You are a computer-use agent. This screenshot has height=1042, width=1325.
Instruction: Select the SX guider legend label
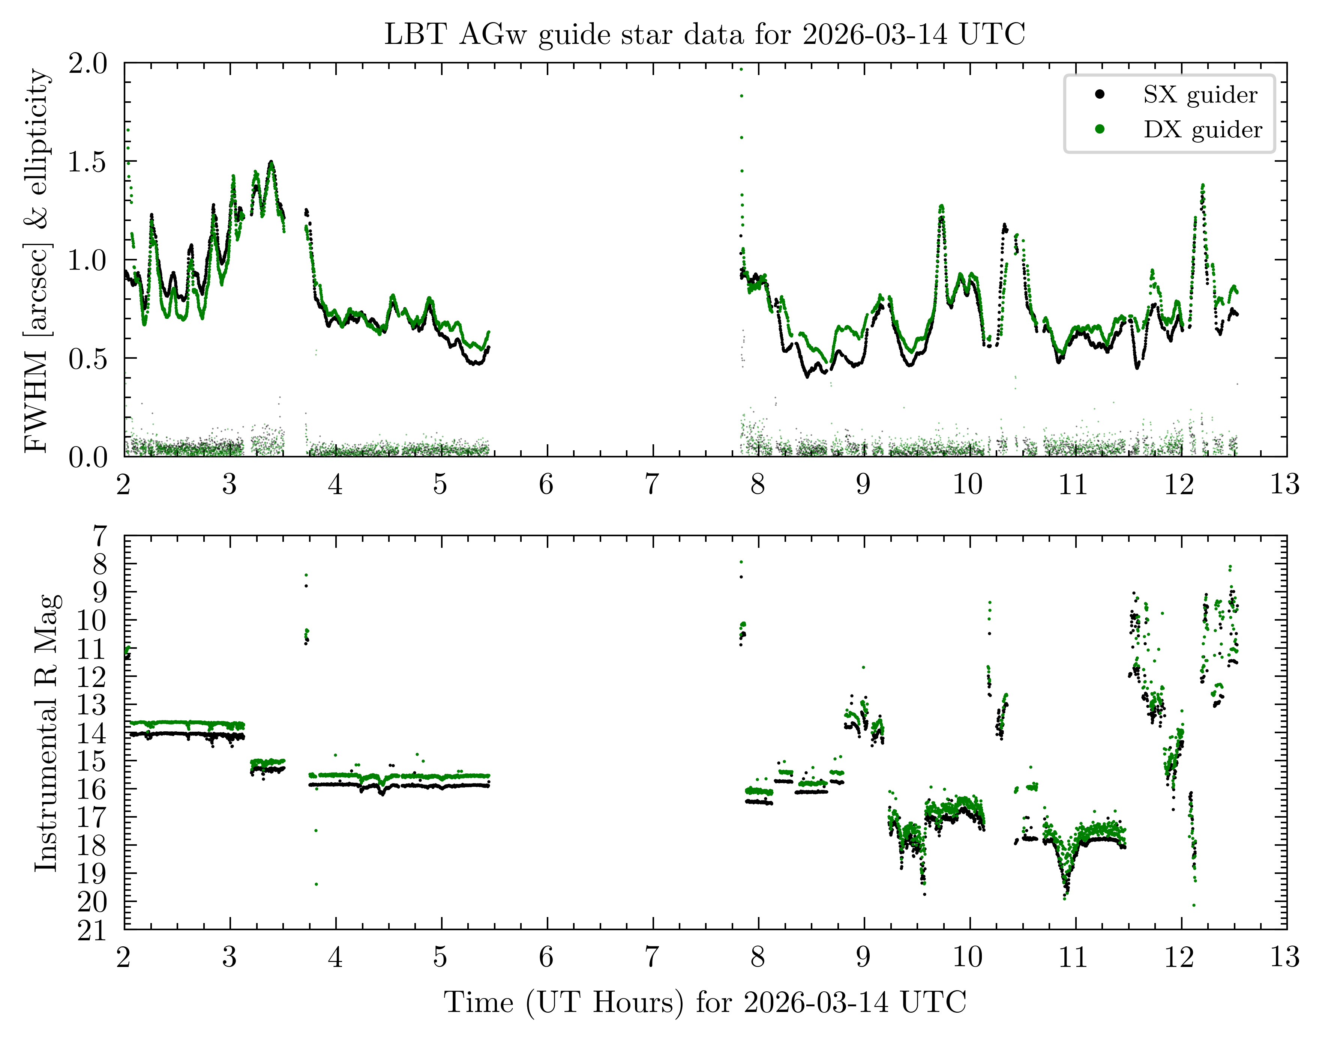coord(1200,95)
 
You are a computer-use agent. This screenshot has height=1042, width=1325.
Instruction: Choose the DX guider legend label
coord(1202,130)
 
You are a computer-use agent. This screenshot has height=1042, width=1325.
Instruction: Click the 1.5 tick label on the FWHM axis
coord(88,162)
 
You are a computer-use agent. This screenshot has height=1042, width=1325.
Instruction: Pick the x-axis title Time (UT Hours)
coord(704,1002)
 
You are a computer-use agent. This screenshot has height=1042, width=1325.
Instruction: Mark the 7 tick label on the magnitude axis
coord(99,536)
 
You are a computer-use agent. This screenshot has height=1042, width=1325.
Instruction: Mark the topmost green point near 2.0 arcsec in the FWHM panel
coord(741,69)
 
